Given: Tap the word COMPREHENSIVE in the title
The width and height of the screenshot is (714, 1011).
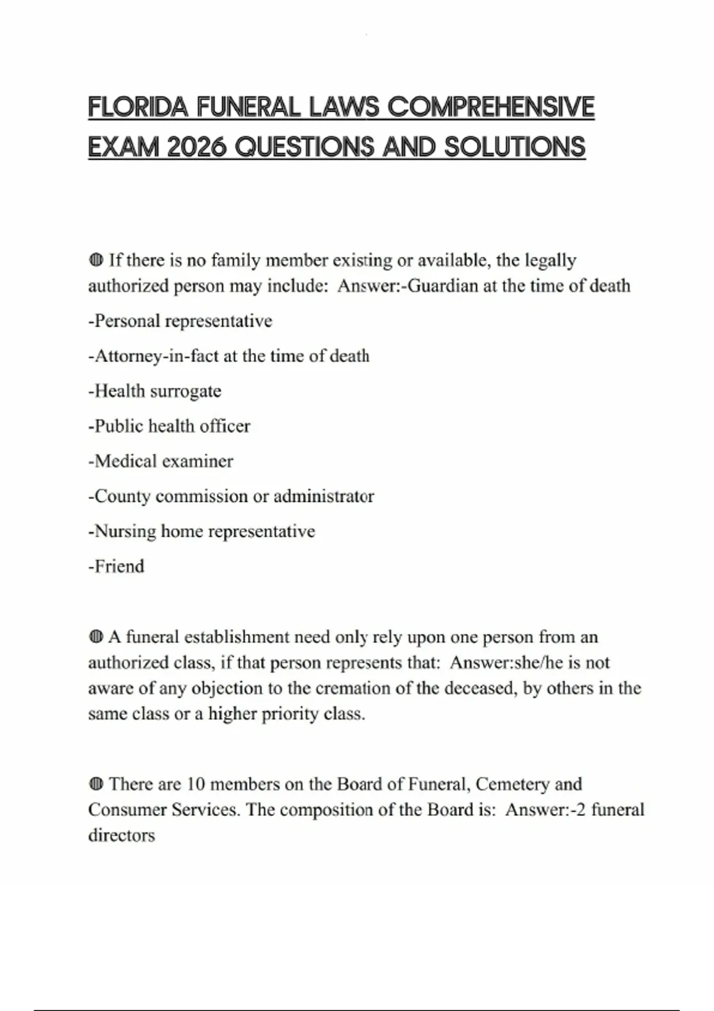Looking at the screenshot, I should (x=491, y=108).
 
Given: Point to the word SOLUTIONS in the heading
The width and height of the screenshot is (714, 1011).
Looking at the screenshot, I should (x=515, y=147).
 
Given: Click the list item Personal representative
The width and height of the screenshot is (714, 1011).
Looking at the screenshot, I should (x=180, y=321).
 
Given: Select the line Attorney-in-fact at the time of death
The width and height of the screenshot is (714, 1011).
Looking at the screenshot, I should (x=228, y=356).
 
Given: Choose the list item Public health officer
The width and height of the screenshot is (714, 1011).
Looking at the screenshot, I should (x=169, y=426).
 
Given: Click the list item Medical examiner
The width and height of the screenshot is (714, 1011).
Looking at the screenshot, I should (x=161, y=461).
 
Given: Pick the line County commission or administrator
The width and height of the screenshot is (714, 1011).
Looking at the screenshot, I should (x=231, y=497).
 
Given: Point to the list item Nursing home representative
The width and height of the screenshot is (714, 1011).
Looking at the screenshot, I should (x=201, y=531).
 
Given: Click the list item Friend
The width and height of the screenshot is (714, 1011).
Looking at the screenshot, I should (x=116, y=566).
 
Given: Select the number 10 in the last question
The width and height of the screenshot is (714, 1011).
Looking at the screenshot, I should (x=196, y=784).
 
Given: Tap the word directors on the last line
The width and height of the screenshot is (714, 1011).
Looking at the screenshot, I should (x=121, y=836).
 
